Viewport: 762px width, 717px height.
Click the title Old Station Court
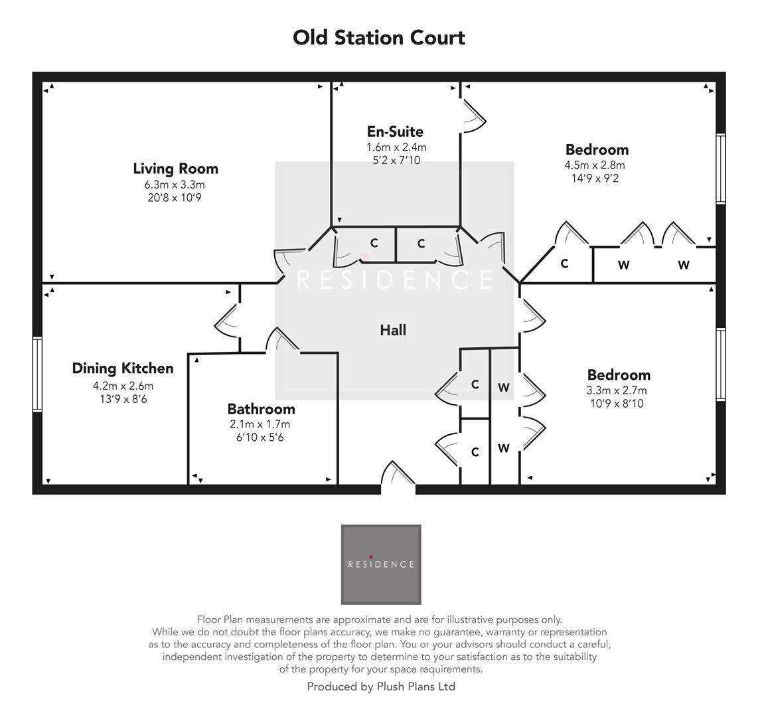tap(379, 38)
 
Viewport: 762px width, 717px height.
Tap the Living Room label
tap(175, 169)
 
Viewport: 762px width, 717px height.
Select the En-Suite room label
tap(395, 131)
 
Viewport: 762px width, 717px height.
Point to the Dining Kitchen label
tap(123, 368)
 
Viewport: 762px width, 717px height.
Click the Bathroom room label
tap(261, 409)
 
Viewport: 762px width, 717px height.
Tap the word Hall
tap(393, 330)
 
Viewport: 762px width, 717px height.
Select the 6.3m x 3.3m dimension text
tap(175, 185)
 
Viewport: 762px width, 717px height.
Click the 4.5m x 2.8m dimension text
tap(595, 165)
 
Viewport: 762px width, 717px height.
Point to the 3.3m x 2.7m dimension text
tap(617, 390)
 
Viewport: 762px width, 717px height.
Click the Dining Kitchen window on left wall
tap(37, 374)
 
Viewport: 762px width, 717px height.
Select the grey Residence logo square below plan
tap(381, 564)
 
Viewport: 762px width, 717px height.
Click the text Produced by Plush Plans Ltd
tap(381, 687)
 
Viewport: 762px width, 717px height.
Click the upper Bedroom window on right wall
tap(720, 169)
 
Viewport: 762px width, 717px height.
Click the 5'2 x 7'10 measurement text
tap(396, 160)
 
